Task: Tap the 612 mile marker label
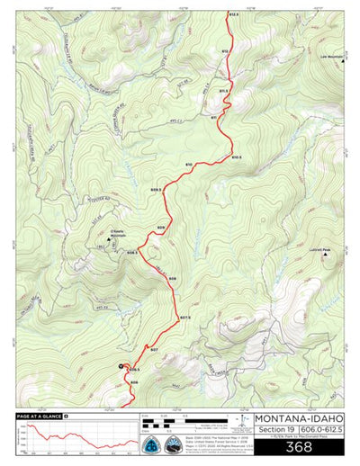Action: pyautogui.click(x=226, y=51)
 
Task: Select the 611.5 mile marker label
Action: pyautogui.click(x=224, y=91)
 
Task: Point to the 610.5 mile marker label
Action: pyautogui.click(x=237, y=157)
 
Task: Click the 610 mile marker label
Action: pyautogui.click(x=189, y=165)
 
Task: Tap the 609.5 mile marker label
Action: pyautogui.click(x=156, y=190)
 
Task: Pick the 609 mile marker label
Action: pyautogui.click(x=160, y=228)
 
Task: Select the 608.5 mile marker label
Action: pyautogui.click(x=132, y=253)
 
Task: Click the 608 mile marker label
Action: pyautogui.click(x=173, y=279)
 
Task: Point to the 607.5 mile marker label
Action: pyautogui.click(x=185, y=318)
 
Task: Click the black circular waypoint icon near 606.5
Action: pyautogui.click(x=122, y=365)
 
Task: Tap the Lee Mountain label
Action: pyautogui.click(x=332, y=57)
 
